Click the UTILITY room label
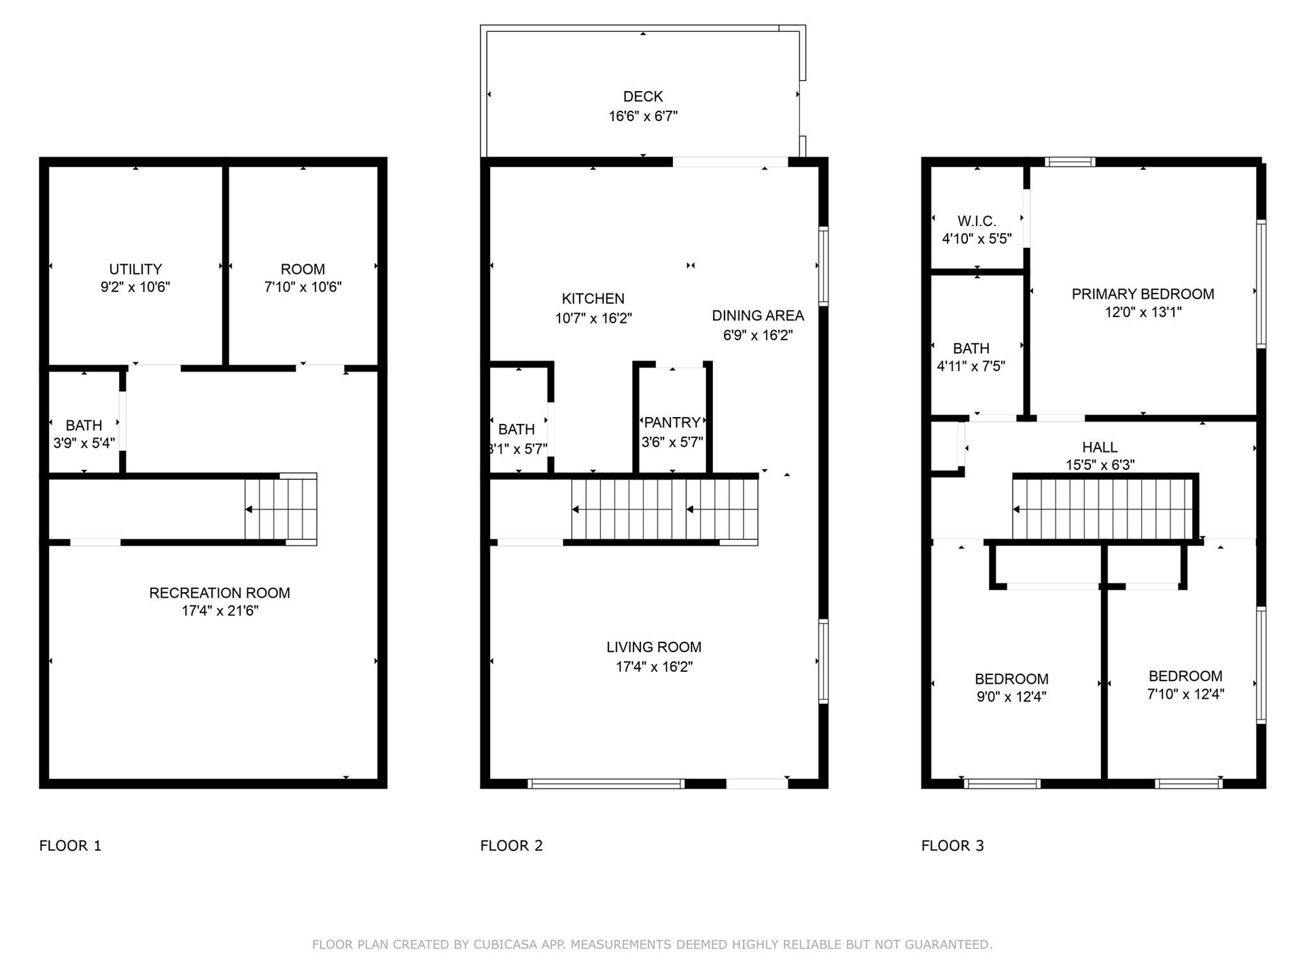135,269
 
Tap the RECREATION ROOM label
220,593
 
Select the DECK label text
643,96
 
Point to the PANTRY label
672,422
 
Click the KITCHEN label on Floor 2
593,298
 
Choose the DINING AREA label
758,315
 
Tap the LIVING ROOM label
654,647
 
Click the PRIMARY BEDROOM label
1143,294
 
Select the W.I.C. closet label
977,221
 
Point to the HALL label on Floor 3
1100,447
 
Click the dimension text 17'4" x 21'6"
220,611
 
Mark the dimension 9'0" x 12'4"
1011,696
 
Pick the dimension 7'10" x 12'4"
1185,693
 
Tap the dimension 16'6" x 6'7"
643,116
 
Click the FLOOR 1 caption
70,846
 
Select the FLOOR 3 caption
952,846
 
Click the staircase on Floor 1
281,509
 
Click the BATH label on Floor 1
84,425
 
